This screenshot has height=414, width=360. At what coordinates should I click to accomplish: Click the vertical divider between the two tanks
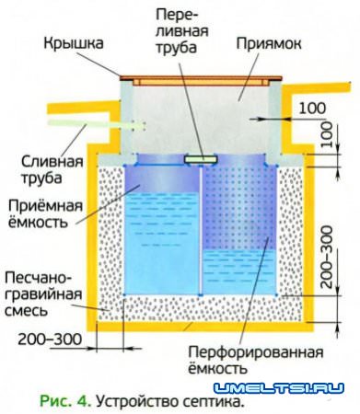(200, 230)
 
